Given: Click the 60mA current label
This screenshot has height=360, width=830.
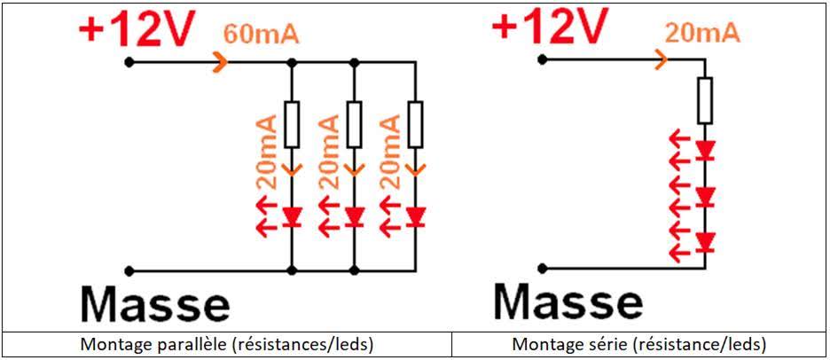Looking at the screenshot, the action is tap(262, 34).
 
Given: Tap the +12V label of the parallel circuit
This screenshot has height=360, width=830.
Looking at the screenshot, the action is tap(135, 28).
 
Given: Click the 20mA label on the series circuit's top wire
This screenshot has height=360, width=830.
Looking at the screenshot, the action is tap(702, 34).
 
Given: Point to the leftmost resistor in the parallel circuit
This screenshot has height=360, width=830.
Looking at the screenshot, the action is tap(292, 125).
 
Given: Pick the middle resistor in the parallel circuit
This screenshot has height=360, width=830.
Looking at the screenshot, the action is tap(354, 125).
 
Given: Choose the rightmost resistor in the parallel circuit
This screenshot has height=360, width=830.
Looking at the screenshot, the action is tap(416, 125).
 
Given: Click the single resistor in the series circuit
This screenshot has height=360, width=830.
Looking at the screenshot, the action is tap(705, 100).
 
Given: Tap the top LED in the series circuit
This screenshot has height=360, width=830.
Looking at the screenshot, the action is tap(705, 150).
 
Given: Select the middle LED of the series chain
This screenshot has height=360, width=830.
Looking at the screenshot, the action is tap(705, 197).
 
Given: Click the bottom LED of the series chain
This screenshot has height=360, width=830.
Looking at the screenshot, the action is tap(705, 242).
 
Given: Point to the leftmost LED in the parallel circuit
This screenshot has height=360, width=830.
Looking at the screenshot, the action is tap(292, 216).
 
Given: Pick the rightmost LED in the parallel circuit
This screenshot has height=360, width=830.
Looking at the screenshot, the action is tap(416, 216).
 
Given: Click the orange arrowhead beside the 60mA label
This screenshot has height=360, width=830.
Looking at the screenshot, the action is tap(221, 62).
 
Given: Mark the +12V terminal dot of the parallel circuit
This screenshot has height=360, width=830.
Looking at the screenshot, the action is tap(128, 62).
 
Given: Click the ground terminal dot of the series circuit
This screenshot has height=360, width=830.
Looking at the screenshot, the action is tap(541, 268).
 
